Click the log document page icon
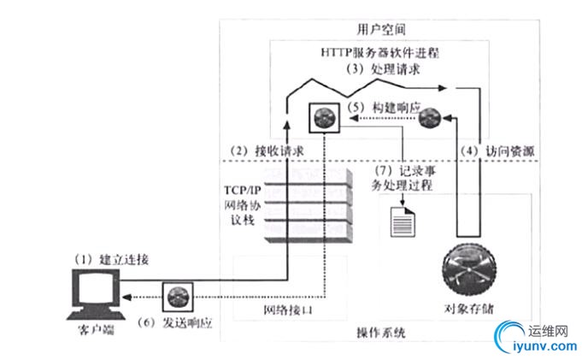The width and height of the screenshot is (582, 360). [x=403, y=223]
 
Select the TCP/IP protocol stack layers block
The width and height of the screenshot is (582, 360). [x=310, y=205]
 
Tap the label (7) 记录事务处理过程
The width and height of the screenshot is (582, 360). [x=404, y=176]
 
